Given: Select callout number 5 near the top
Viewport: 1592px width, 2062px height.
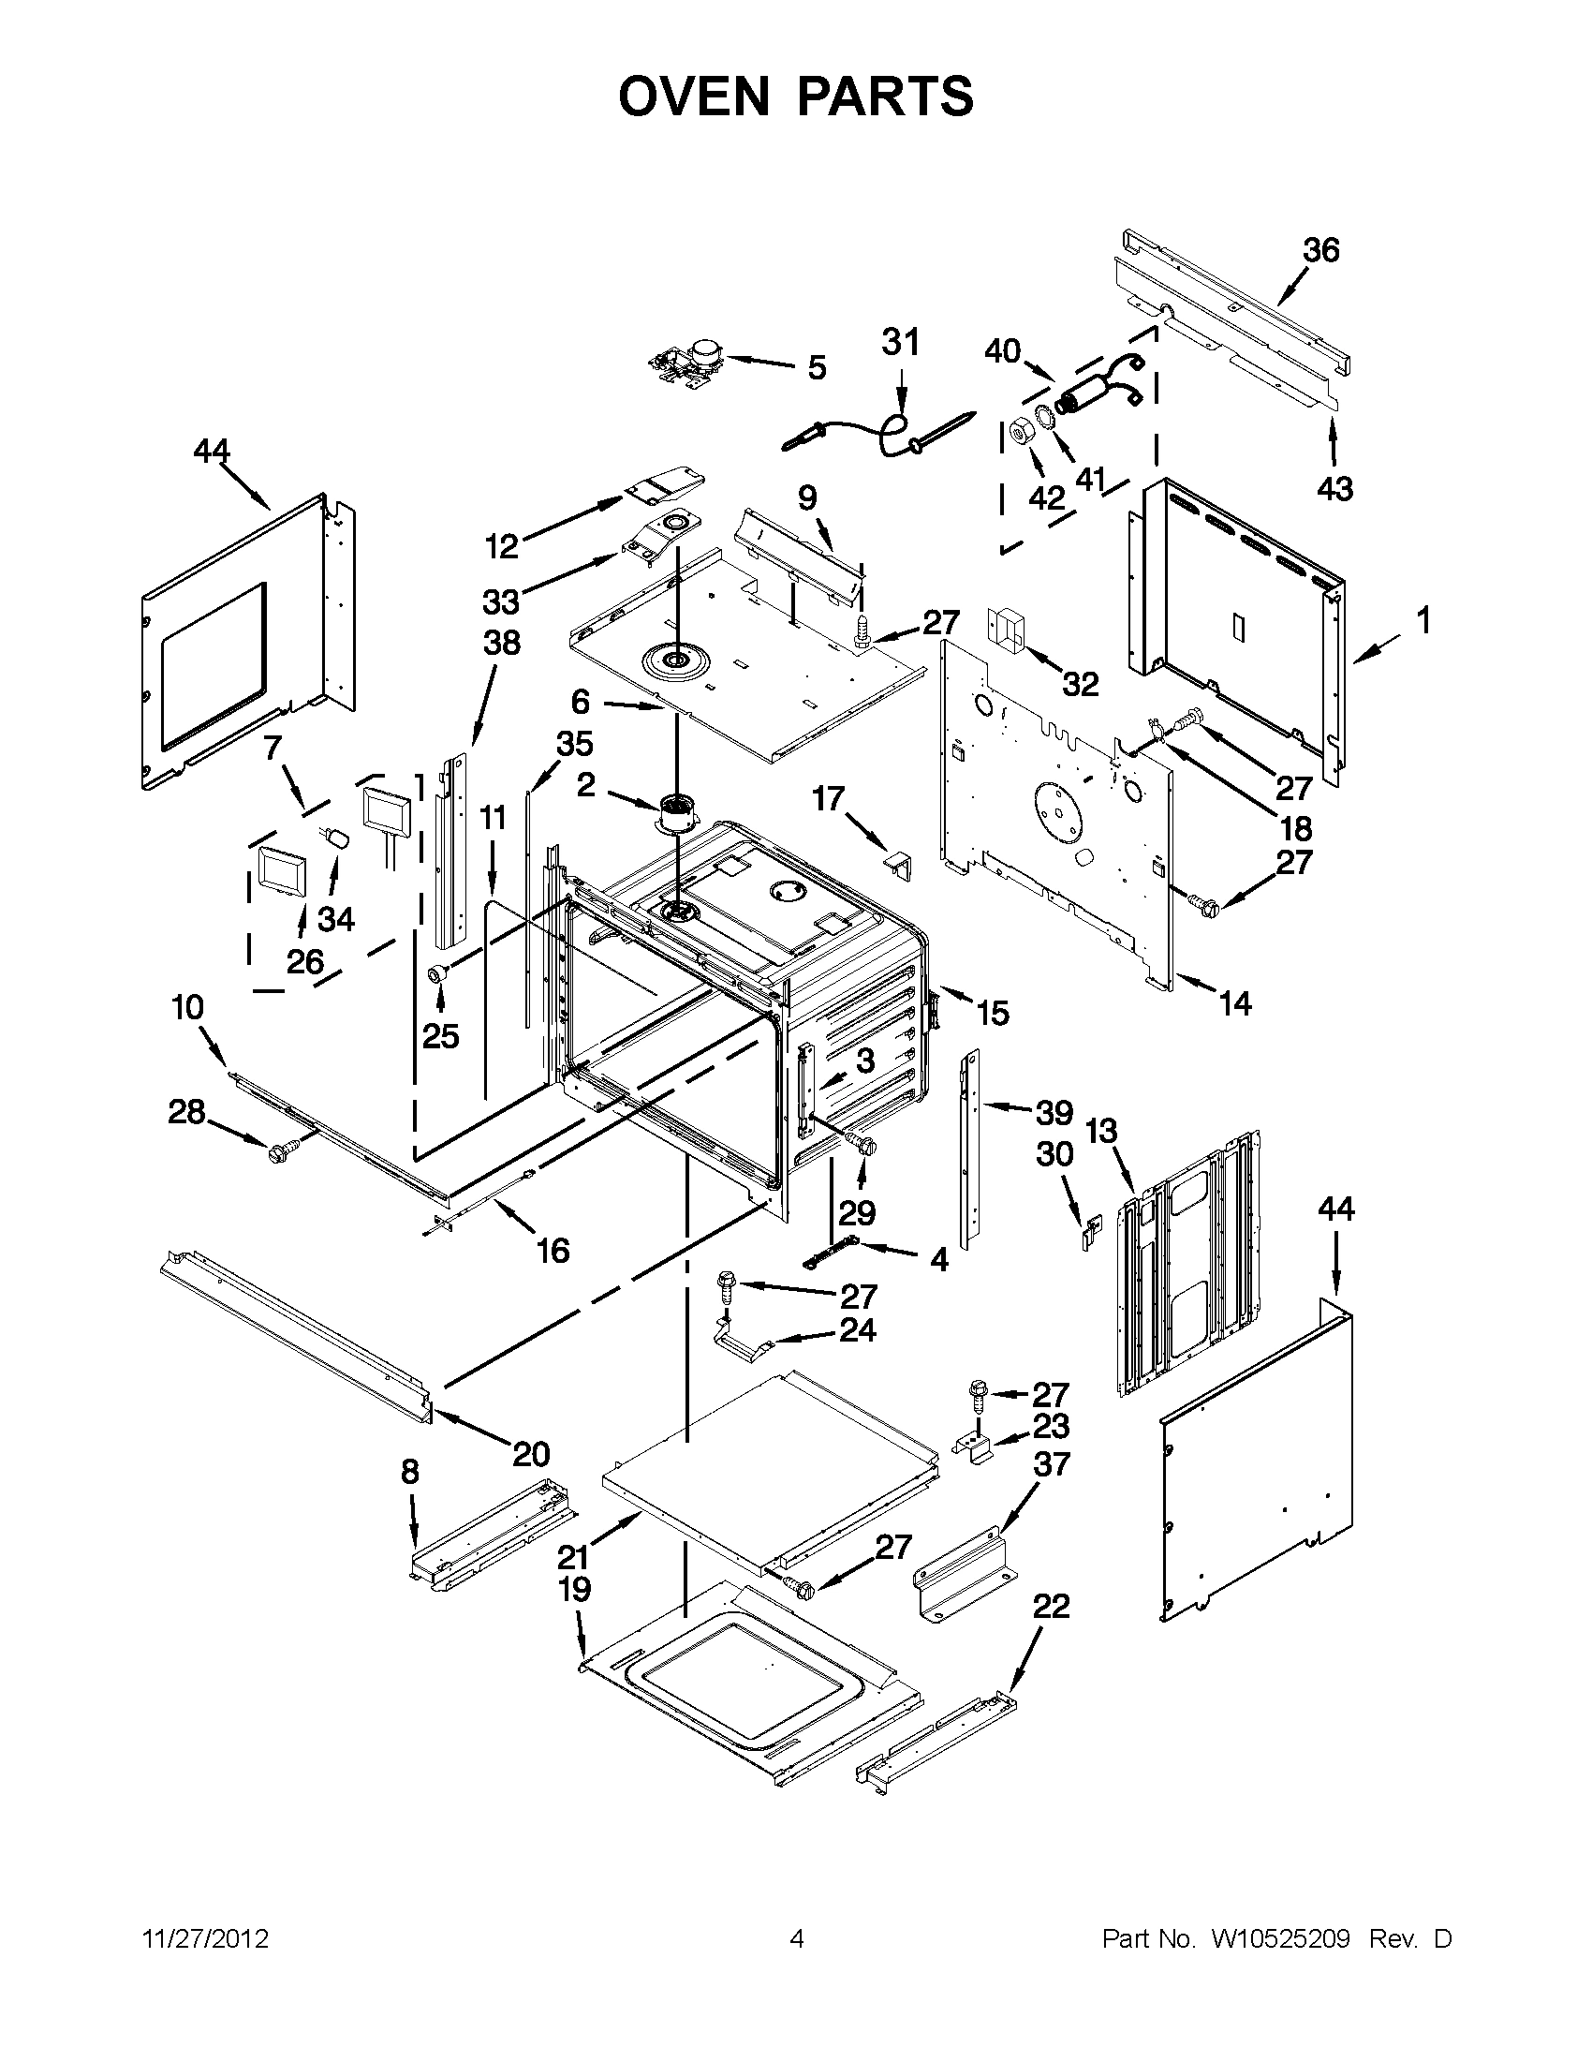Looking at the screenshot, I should click(x=817, y=368).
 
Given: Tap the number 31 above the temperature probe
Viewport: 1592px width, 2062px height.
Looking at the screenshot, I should click(x=900, y=342).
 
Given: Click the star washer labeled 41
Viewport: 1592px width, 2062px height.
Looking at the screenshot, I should click(x=1047, y=416).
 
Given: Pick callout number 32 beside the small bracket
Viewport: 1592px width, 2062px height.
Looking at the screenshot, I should click(x=1081, y=684).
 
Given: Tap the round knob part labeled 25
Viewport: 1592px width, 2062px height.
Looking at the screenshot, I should click(x=438, y=972).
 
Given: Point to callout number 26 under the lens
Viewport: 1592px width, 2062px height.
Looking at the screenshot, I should click(x=304, y=962).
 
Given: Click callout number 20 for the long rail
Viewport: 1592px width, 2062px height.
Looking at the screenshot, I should click(x=531, y=1453).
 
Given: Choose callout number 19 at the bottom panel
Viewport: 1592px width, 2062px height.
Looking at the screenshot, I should click(x=574, y=1589).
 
